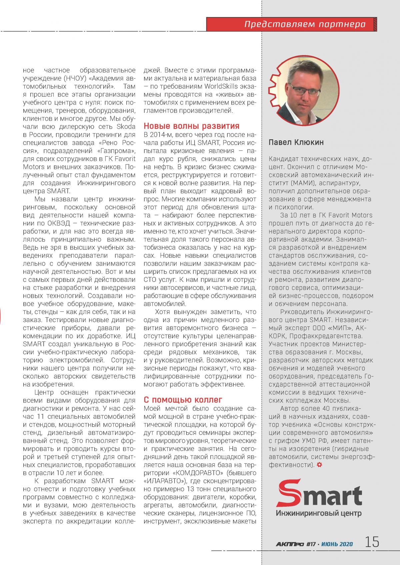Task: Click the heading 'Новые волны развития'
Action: (191, 126)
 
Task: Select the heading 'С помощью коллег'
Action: (183, 400)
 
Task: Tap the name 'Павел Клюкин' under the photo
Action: (296, 142)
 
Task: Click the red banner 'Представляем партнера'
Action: (304, 24)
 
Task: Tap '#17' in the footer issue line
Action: (311, 544)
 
